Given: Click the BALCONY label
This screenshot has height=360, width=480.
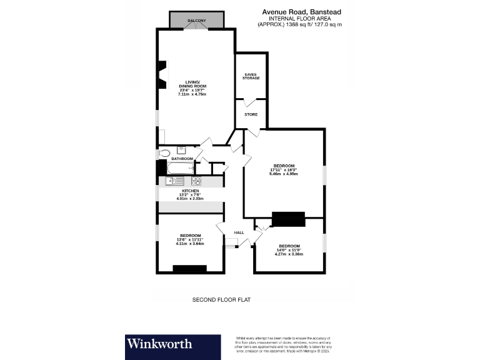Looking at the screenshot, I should [x=196, y=21].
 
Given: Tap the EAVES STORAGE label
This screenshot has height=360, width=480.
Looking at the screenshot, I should [x=251, y=76].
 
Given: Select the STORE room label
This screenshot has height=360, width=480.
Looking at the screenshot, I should [x=251, y=115].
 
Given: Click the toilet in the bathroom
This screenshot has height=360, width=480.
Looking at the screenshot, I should [x=164, y=153].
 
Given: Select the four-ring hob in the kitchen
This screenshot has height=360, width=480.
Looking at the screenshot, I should [x=195, y=181].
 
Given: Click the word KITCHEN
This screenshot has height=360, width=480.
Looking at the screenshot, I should [x=190, y=191].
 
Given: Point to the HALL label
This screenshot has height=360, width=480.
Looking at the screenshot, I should [x=239, y=232].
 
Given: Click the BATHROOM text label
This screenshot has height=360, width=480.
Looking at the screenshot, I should [x=182, y=159].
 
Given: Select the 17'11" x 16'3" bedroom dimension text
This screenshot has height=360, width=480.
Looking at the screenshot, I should [x=283, y=169].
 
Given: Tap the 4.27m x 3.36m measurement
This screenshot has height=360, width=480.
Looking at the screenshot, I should [x=289, y=254].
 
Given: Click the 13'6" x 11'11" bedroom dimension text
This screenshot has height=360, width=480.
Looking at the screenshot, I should [x=190, y=239].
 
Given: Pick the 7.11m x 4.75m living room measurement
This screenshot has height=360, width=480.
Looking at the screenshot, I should [x=192, y=94].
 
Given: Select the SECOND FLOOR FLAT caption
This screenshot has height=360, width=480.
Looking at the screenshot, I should [x=221, y=300].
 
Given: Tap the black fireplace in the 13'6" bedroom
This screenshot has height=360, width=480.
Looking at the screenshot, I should [x=189, y=269].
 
